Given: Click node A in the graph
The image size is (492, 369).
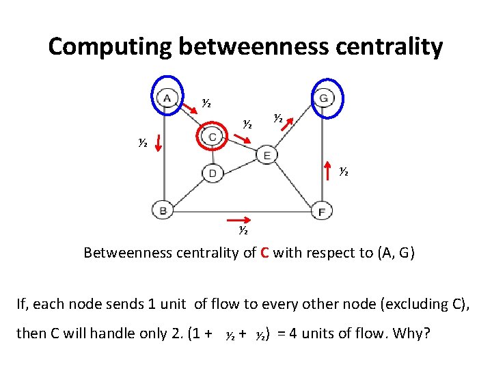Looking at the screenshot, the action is click(x=167, y=98).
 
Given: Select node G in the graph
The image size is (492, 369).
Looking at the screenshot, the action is click(x=324, y=98).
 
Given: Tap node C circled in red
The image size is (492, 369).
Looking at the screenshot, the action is click(x=213, y=137).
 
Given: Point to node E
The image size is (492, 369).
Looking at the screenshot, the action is click(x=266, y=155).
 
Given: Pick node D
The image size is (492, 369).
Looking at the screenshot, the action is click(x=213, y=174).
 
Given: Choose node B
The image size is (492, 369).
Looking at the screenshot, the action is click(x=163, y=210).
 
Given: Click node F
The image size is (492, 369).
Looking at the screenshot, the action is click(x=322, y=211).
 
